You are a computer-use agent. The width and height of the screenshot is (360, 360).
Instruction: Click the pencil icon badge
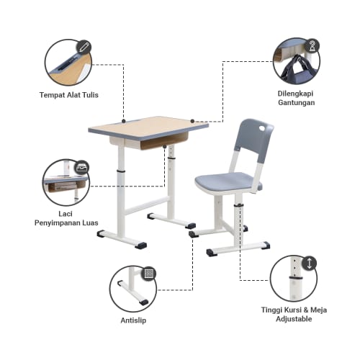click(84, 47)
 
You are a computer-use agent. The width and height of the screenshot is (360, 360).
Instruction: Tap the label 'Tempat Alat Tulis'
click(69, 95)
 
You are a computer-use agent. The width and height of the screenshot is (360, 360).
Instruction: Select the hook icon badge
click(312, 45)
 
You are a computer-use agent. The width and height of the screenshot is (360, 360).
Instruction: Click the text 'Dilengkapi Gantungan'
click(296, 98)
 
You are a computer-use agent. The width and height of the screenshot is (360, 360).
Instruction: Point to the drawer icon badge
click(82, 168)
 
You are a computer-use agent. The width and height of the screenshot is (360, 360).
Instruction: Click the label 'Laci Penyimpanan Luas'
click(66, 218)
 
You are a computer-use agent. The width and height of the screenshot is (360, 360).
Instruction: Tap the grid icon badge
click(149, 274)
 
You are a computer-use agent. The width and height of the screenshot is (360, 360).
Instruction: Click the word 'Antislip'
click(133, 320)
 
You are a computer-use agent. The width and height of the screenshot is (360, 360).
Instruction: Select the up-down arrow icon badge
click(310, 264)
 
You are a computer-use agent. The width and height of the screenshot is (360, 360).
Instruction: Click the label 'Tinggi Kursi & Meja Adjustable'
click(294, 315)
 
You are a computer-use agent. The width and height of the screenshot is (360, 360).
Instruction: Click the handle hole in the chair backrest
click(264, 129)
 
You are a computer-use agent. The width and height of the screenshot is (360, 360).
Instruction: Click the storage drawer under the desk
click(149, 142)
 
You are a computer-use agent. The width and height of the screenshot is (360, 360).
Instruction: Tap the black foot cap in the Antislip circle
click(144, 302)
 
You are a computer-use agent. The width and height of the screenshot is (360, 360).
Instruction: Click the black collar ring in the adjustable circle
click(296, 279)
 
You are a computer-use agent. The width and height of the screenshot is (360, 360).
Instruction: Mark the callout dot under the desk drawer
click(165, 147)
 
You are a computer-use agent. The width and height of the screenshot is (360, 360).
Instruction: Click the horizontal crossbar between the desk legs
click(147, 205)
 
